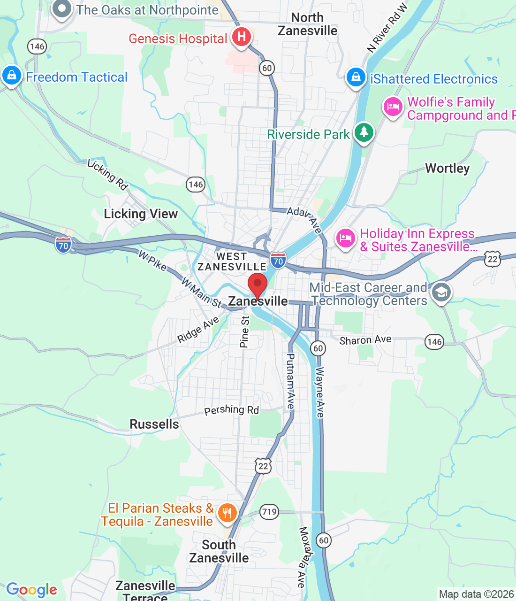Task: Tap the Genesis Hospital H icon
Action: [x=241, y=37]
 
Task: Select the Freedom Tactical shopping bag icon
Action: [x=11, y=75]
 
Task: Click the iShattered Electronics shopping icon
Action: [x=356, y=77]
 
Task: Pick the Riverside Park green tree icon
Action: [x=364, y=132]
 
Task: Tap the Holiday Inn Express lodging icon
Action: [x=346, y=238]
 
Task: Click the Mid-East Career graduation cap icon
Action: [x=441, y=293]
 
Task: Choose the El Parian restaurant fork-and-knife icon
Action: [x=227, y=512]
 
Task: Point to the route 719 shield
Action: [x=269, y=511]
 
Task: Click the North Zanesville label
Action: [x=307, y=24]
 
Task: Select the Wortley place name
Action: [x=447, y=168]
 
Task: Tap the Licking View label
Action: [x=141, y=214]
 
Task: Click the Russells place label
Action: [x=154, y=424]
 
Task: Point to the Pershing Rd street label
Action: [x=231, y=410]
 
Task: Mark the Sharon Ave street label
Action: [x=365, y=340]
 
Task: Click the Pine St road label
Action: [x=244, y=331]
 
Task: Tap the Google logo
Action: [x=32, y=590]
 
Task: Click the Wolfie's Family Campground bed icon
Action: [x=393, y=107]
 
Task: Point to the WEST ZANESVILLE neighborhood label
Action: [x=232, y=262]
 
